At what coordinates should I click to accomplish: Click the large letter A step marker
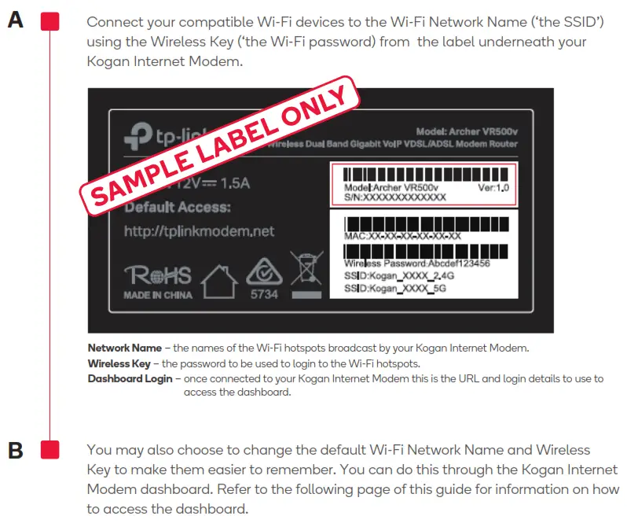(16, 21)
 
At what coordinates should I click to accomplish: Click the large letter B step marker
(16, 451)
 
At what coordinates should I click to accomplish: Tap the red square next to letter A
(49, 21)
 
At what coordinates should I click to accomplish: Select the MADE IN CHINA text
(156, 297)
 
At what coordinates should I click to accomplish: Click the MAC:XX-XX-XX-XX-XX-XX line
(402, 235)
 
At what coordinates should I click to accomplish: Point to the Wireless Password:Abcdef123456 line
(416, 264)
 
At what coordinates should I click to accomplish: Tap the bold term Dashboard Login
(130, 378)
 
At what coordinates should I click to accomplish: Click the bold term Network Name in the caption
(124, 348)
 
